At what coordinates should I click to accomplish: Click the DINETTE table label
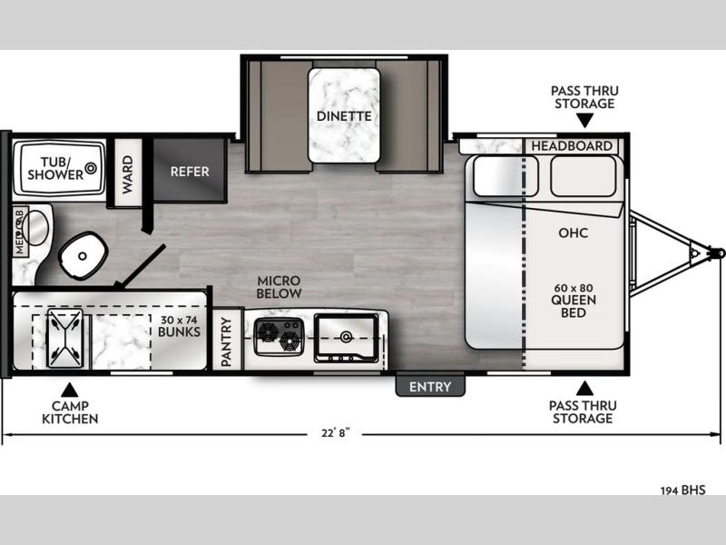click(344, 116)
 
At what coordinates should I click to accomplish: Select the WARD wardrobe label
click(127, 174)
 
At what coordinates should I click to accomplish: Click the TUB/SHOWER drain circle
click(91, 168)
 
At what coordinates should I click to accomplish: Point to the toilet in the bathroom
click(83, 255)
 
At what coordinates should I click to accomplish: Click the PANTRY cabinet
click(226, 340)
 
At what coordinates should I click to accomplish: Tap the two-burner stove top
click(280, 337)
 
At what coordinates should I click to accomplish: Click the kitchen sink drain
click(346, 336)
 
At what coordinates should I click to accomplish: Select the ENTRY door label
click(430, 387)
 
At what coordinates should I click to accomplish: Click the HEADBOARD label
click(572, 146)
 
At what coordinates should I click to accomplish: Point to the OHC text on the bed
click(574, 233)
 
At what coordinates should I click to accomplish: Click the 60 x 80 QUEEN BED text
click(574, 301)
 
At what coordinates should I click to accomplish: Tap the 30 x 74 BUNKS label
click(179, 326)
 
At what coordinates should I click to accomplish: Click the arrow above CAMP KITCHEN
click(69, 390)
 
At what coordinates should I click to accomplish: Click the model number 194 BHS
click(683, 490)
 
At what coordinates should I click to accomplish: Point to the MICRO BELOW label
click(280, 287)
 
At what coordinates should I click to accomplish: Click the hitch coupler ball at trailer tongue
click(719, 253)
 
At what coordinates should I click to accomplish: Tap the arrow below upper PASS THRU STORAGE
click(584, 121)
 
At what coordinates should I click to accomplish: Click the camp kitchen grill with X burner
click(65, 338)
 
